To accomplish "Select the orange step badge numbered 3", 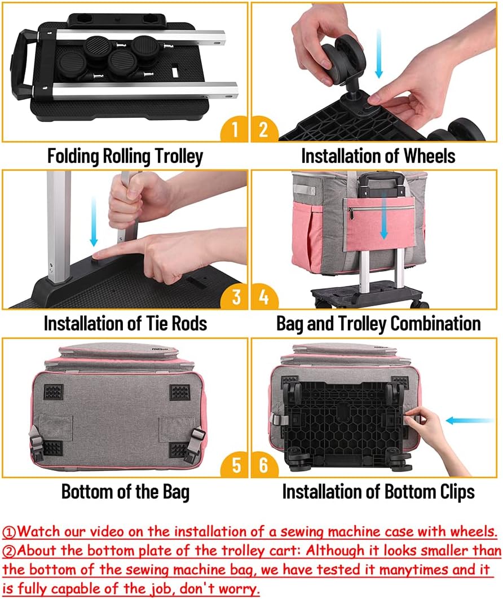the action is point(235,296).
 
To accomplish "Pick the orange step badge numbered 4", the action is point(264,296).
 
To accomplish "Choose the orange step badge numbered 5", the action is point(235,465).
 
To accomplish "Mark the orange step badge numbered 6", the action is point(264,465).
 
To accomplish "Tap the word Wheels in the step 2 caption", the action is point(429,156).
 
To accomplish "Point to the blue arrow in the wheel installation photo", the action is point(378,54).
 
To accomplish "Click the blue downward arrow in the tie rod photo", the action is point(94,222).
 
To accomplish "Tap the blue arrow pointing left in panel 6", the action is point(469,421).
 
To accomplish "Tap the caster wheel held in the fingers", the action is point(342,58).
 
